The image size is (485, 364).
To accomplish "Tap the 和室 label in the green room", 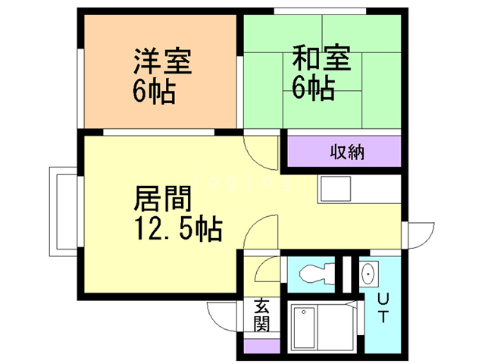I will (x=322, y=58).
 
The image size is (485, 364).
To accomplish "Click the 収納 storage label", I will (x=347, y=151).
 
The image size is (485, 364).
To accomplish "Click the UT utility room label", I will (x=383, y=307).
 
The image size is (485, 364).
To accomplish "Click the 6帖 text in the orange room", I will (x=154, y=91).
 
